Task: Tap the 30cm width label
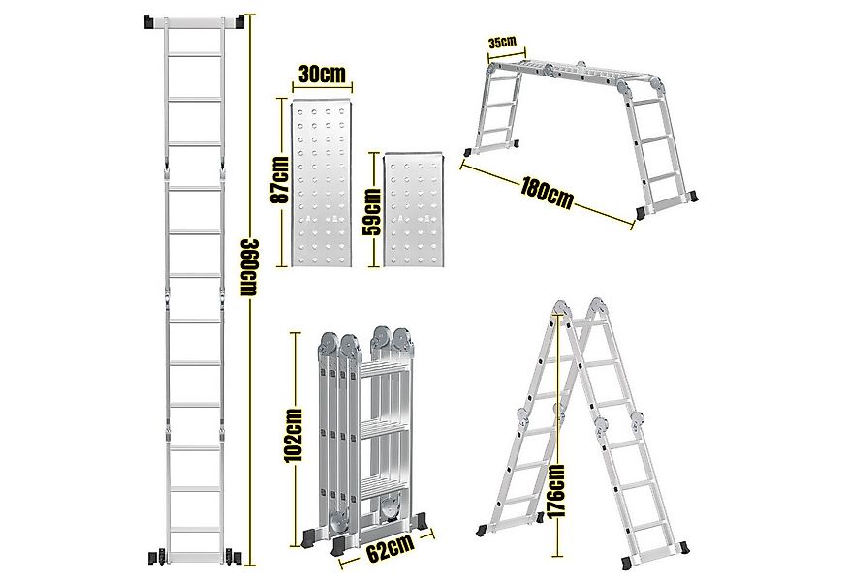pos(322,74)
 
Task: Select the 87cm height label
pos(280,179)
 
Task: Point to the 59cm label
pos(372,211)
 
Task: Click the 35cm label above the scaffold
pos(502,43)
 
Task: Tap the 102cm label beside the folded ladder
pos(294,436)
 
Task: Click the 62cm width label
pos(390,549)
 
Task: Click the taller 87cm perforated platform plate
pos(320,184)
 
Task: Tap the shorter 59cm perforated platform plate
pos(414,210)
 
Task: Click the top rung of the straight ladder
pos(195,54)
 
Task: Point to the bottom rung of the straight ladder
pos(195,530)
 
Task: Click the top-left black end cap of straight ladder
pos(149,22)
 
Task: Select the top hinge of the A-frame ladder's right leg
pos(597,306)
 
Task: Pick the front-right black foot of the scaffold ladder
pos(642,213)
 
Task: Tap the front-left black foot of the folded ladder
pos(310,536)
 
